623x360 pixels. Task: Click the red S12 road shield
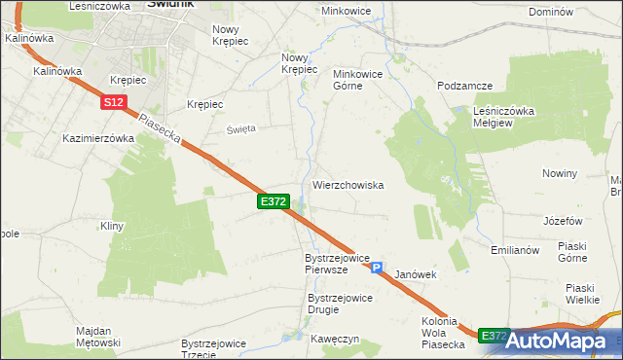click(x=112, y=101)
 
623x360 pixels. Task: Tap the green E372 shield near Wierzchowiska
click(x=273, y=200)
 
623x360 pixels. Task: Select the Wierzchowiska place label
click(x=348, y=184)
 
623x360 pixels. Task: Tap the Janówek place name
click(x=414, y=275)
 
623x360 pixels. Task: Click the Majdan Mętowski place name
click(x=97, y=337)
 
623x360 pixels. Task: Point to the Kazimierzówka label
click(x=98, y=138)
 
